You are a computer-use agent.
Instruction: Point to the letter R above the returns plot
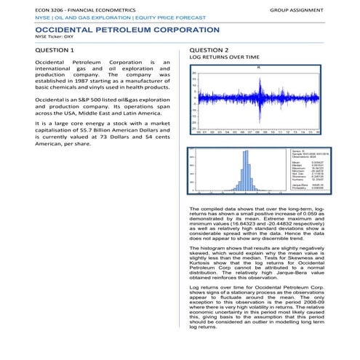pos(258,68)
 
